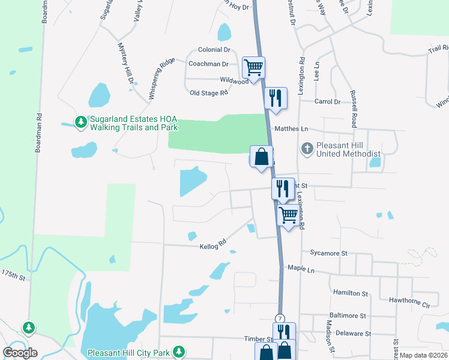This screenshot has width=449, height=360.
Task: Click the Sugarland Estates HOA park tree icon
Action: [x=80, y=122]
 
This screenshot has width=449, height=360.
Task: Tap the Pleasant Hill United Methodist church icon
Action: [x=307, y=148]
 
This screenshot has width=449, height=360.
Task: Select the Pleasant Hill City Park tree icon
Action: [x=178, y=352]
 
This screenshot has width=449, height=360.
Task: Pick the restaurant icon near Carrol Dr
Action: [x=275, y=97]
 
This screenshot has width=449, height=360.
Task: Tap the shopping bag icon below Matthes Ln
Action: [x=261, y=157]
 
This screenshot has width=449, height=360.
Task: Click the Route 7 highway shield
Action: [x=280, y=317]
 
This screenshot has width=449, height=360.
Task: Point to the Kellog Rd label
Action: [x=213, y=244]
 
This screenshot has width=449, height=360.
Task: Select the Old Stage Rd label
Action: [x=209, y=93]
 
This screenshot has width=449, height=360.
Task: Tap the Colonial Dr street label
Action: [x=214, y=50]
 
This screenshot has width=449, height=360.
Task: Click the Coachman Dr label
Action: [x=208, y=64]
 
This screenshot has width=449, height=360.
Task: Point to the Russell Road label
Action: [x=354, y=109]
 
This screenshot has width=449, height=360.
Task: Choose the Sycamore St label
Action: [x=329, y=254]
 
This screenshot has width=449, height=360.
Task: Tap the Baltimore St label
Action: [x=348, y=316]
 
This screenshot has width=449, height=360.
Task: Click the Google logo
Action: [x=20, y=352]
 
